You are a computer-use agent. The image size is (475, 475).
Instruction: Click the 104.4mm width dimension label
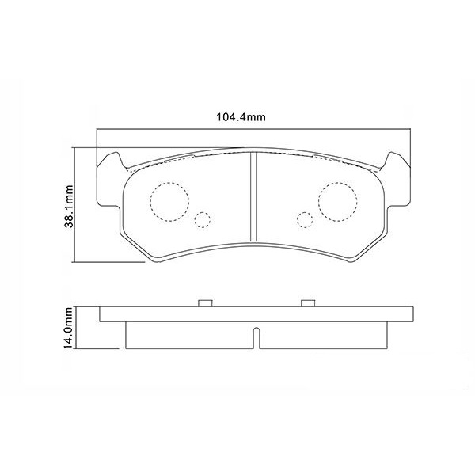tap(240, 117)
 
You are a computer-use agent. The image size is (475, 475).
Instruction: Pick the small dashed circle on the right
tap(302, 220)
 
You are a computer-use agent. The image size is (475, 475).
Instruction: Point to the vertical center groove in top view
tap(253, 198)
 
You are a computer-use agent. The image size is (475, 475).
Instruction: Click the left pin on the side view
tap(203, 302)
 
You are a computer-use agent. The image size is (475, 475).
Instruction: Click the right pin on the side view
tap(307, 302)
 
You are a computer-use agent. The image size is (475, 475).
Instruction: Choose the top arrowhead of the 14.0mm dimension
tap(77, 307)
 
